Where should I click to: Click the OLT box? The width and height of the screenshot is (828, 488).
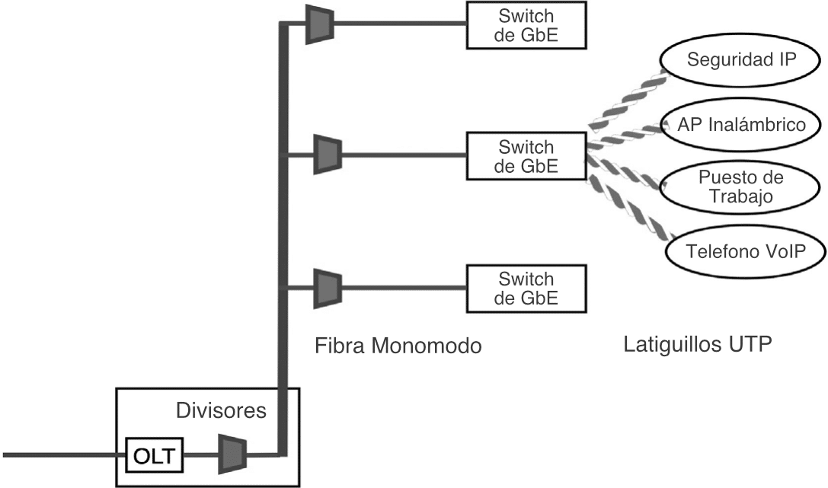coord(155,457)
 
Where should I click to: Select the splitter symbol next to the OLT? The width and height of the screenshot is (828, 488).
coord(232,455)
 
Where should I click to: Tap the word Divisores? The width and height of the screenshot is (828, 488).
coord(221,412)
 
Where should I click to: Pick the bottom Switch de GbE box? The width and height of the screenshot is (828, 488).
coord(526,287)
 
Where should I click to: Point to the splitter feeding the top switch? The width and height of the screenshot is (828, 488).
coord(319,23)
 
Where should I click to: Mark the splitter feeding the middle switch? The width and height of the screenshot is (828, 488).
coord(328,155)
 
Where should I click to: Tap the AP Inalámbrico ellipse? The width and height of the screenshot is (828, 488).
coord(743,124)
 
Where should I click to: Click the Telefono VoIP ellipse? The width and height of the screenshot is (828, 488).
coord(745,250)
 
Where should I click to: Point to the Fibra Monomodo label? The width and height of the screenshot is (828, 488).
coord(398,346)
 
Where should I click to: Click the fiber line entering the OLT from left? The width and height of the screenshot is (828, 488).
coord(61,457)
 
